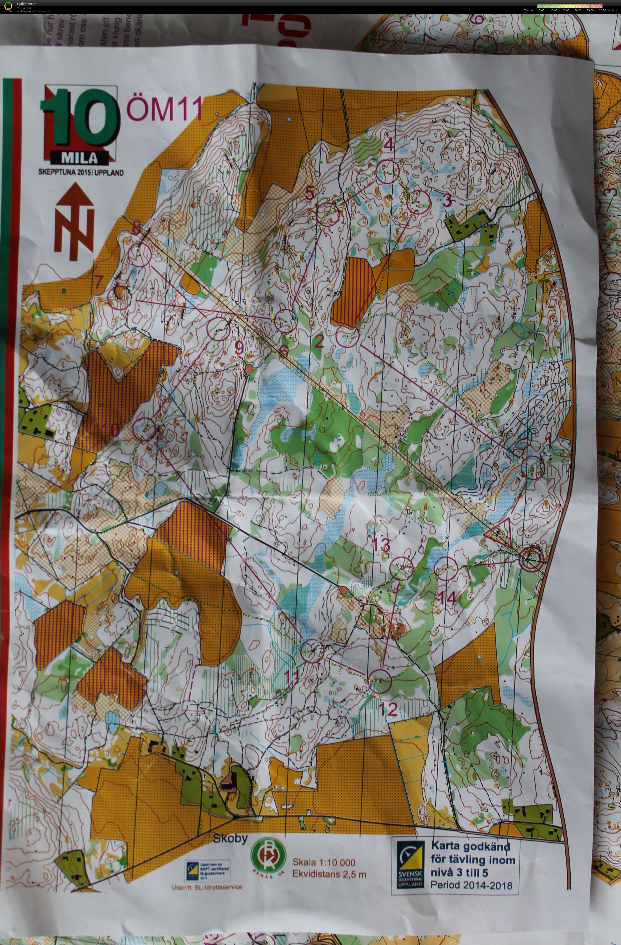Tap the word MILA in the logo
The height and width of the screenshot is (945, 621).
(x=79, y=158)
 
